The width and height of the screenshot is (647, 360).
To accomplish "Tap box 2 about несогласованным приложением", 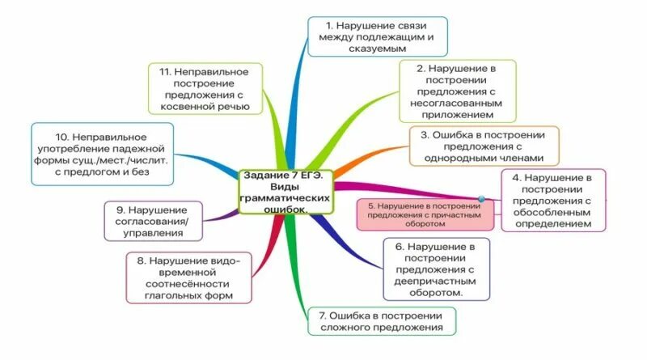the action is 457,91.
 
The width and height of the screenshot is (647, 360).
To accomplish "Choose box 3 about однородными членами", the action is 484,146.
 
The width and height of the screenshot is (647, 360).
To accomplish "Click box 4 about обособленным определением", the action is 553,200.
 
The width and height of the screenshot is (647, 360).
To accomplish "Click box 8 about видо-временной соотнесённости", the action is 190,277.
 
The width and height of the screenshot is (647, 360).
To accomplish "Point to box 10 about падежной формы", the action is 101,150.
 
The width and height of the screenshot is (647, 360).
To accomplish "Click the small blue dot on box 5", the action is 481,198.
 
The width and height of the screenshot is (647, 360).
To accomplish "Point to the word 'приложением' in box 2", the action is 457,115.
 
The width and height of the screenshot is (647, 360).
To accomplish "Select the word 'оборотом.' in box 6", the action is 436,293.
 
